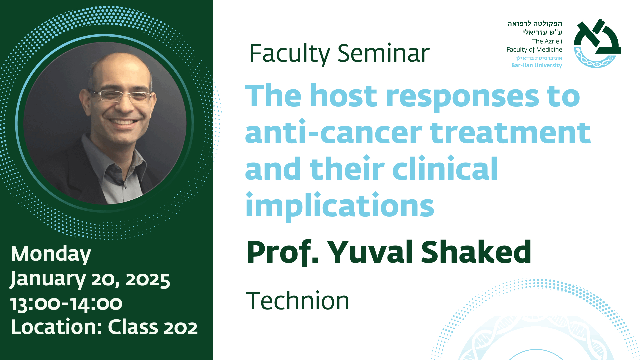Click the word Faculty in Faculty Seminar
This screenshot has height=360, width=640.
tap(289, 54)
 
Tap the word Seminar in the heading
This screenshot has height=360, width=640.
tap(383, 53)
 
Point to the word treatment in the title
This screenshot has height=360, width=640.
tap(510, 132)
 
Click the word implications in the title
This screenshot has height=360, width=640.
tap(340, 206)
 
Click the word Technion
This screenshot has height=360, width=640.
tap(297, 301)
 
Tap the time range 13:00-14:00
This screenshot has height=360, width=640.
tap(66, 303)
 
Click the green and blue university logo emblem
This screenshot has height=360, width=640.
tap(597, 43)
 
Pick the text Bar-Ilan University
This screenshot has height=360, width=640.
tap(537, 65)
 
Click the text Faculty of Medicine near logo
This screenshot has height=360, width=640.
tap(534, 50)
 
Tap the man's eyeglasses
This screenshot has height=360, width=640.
tap(122, 95)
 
